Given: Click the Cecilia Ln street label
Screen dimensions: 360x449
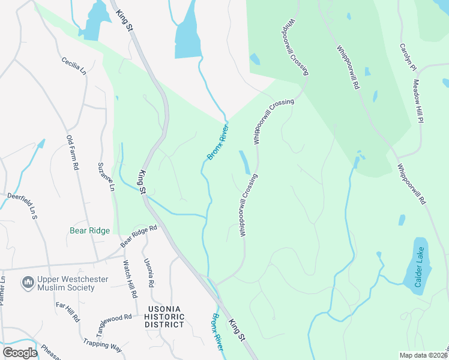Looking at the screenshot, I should [x=74, y=67].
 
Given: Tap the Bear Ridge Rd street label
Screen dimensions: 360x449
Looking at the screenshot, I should [x=138, y=236].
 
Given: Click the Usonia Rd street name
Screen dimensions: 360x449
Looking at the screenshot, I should [x=149, y=272].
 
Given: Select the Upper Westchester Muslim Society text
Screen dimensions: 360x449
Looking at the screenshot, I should [x=65, y=283].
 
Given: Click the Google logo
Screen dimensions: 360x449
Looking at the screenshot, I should [x=20, y=353].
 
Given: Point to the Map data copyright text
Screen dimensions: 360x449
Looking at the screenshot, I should [x=424, y=355].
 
